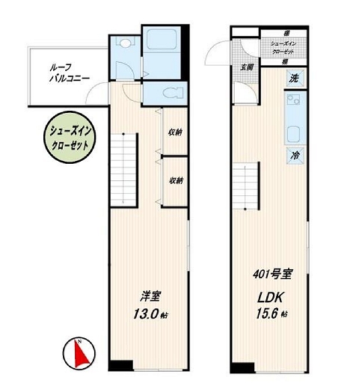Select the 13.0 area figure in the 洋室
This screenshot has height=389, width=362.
coord(146,315)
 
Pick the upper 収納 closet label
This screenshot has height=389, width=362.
coord(176,132)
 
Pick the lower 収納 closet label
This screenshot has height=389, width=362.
coord(176,180)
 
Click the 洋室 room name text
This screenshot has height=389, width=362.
coord(146,297)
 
